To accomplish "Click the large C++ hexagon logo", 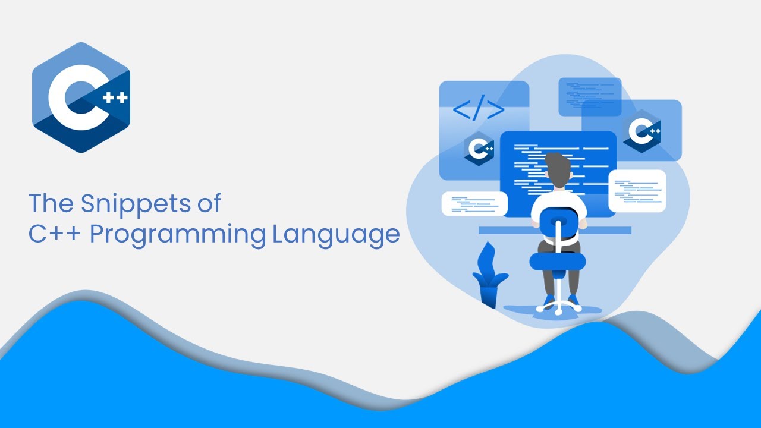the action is (81, 97).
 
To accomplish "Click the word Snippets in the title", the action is (136, 204).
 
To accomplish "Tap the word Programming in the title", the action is (178, 235).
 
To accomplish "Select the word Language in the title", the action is (336, 235).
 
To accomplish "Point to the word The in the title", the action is (51, 203).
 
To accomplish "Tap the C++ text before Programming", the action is (55, 234).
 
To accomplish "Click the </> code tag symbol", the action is (479, 108).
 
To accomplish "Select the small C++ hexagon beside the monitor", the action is (479, 149).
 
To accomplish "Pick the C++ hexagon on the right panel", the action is (642, 131).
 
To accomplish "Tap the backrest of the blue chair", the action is (559, 224).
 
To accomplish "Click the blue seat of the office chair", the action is (558, 261).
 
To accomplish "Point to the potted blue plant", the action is (489, 275).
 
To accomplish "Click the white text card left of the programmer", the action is (474, 204).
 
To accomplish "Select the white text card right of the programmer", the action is (637, 191).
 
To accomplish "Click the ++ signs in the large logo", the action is (115, 98).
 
